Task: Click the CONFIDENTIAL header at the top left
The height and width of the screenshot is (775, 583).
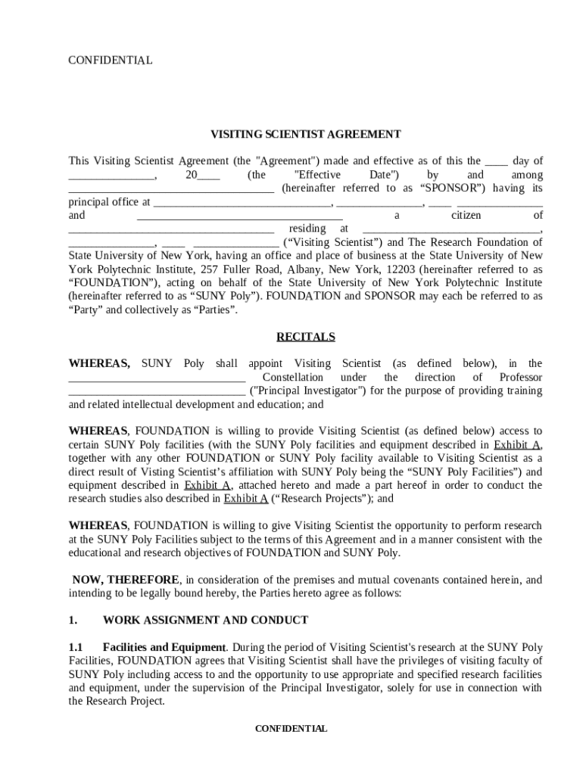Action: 111,60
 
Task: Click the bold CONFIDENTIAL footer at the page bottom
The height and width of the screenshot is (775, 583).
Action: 291,729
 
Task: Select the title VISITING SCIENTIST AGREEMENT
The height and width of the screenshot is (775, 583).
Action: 305,135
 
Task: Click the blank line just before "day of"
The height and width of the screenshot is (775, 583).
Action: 496,161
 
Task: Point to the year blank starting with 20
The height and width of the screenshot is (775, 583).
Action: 202,175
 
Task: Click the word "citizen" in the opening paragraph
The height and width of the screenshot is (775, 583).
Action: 466,216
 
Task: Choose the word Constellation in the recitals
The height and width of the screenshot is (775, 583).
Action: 292,378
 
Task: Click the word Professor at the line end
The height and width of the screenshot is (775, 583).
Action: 521,378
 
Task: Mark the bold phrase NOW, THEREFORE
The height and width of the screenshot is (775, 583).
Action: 126,580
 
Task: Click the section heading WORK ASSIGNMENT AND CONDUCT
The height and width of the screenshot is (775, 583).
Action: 205,620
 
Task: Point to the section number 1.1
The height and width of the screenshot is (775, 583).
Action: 76,647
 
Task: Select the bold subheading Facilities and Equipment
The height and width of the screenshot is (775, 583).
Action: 164,647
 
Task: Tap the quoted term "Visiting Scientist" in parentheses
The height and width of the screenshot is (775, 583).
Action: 332,242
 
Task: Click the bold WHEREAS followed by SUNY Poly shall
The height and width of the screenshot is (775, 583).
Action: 99,364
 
